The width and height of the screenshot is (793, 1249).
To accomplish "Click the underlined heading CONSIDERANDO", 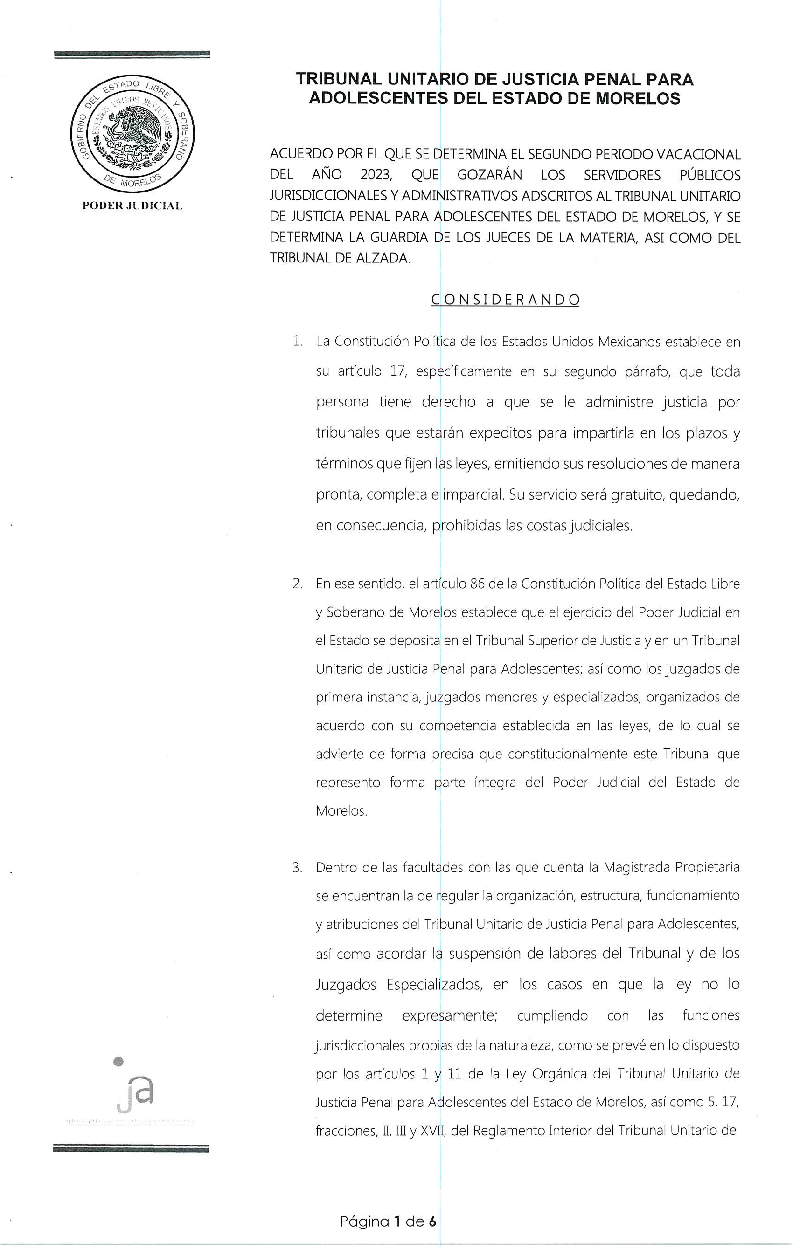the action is (x=505, y=300).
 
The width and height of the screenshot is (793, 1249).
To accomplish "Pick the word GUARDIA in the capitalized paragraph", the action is (x=399, y=238).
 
